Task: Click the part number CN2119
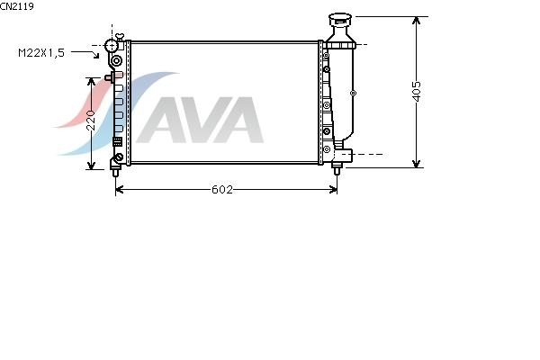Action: click(x=17, y=6)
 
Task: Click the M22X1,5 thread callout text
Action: click(x=41, y=53)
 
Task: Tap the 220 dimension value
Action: click(x=91, y=120)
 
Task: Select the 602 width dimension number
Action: click(x=222, y=190)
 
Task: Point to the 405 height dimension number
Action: click(x=417, y=91)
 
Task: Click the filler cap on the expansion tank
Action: click(x=340, y=19)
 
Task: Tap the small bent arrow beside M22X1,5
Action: click(x=85, y=54)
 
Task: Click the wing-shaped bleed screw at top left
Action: click(x=120, y=37)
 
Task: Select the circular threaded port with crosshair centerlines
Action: click(x=112, y=45)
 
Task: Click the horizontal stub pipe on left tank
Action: click(x=109, y=78)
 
